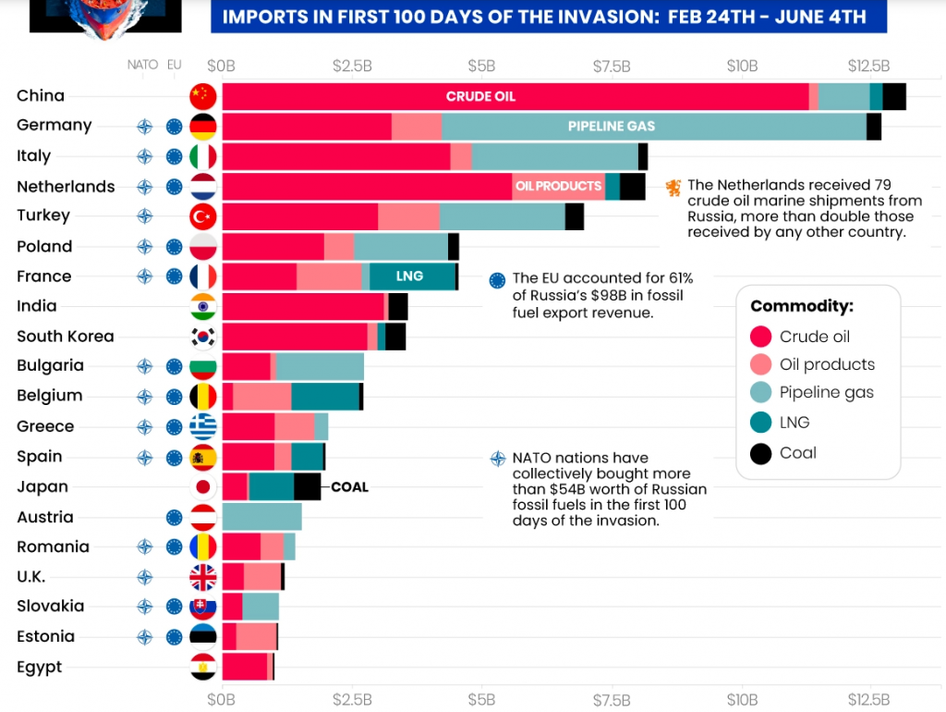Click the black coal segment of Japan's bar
pos(308,486)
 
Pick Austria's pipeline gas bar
pos(261,517)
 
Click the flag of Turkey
pos(202,216)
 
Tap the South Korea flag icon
pos(202,337)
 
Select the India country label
pos(37,306)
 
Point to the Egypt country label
pos(40,667)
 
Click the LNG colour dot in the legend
pos(761,423)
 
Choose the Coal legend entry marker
pos(761,453)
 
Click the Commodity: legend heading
pos(801,306)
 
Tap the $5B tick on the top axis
pos(481,66)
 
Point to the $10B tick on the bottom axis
pos(742,698)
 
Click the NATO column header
pos(143,65)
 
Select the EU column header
pos(175,65)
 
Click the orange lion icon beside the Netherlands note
pos(673,187)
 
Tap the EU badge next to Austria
pos(175,517)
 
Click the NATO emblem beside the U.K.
pos(144,578)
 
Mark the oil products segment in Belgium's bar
pos(262,397)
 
